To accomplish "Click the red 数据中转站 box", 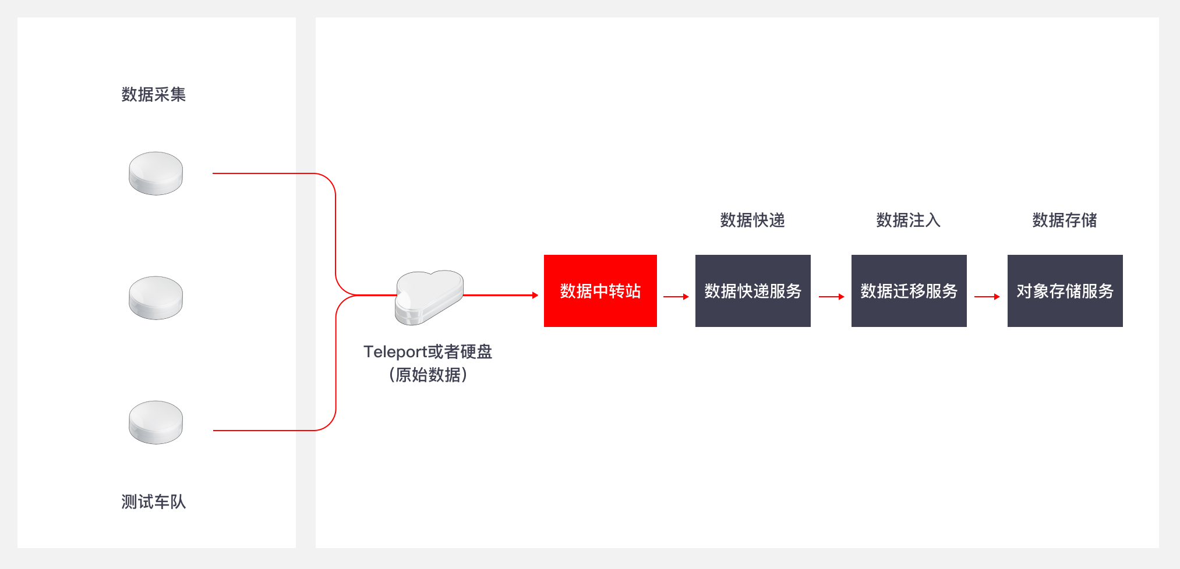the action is (600, 291).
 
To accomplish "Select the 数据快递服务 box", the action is (753, 291).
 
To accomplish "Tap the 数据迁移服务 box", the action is (909, 291).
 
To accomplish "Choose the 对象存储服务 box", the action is (1065, 291).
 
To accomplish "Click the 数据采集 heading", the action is (154, 94).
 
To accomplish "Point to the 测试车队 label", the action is (154, 502).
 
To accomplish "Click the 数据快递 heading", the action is (752, 220).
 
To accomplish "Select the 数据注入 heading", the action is (909, 220).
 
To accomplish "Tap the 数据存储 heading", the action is (1065, 220).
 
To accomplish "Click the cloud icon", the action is (429, 297).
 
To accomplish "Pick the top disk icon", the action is (156, 173).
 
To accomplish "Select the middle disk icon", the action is (156, 298).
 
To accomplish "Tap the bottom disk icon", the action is (156, 422).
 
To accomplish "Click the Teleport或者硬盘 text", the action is (428, 351).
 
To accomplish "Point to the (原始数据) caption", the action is (428, 375).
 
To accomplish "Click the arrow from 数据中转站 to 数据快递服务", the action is (676, 297).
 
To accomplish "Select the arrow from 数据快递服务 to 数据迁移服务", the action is (832, 297).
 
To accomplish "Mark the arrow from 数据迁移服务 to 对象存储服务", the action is (987, 297).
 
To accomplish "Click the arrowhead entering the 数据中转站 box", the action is (535, 296).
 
